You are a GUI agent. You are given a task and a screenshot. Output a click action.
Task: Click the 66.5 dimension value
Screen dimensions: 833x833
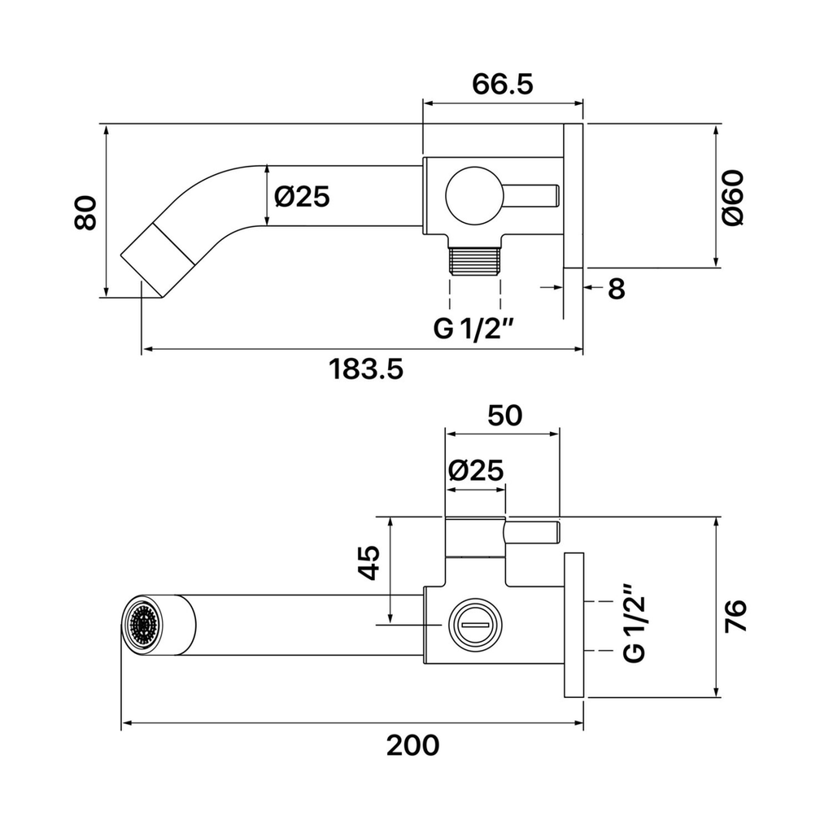[502, 84]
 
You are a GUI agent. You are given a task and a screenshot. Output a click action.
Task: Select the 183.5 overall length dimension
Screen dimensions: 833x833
[366, 369]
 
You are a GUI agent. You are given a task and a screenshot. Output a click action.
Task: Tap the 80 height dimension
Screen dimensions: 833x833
[85, 212]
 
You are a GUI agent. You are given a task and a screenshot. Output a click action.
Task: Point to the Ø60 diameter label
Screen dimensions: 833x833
[733, 198]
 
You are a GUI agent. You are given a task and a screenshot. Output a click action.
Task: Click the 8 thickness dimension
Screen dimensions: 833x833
[617, 289]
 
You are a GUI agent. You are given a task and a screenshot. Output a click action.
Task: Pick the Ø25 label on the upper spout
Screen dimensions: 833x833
[302, 197]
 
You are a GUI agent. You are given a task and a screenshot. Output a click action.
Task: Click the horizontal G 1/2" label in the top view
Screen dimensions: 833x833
[474, 329]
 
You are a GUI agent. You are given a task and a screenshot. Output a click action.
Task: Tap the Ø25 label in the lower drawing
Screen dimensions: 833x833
[475, 470]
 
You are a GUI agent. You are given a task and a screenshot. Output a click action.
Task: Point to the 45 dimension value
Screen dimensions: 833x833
[369, 562]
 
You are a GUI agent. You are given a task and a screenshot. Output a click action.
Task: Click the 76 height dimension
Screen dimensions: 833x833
[735, 616]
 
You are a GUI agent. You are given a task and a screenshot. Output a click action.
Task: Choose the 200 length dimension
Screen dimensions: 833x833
[412, 745]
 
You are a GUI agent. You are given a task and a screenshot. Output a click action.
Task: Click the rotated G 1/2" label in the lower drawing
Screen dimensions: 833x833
[634, 623]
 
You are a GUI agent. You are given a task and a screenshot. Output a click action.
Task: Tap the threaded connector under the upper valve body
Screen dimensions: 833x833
[475, 259]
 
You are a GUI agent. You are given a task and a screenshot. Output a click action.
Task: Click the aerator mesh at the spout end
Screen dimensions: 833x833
[142, 625]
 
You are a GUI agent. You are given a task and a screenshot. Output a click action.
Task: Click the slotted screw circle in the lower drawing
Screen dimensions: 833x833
[475, 625]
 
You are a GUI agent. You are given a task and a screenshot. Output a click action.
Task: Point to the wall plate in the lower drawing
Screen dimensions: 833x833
[574, 625]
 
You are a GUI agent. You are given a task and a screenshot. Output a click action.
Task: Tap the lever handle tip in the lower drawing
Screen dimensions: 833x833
[556, 533]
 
